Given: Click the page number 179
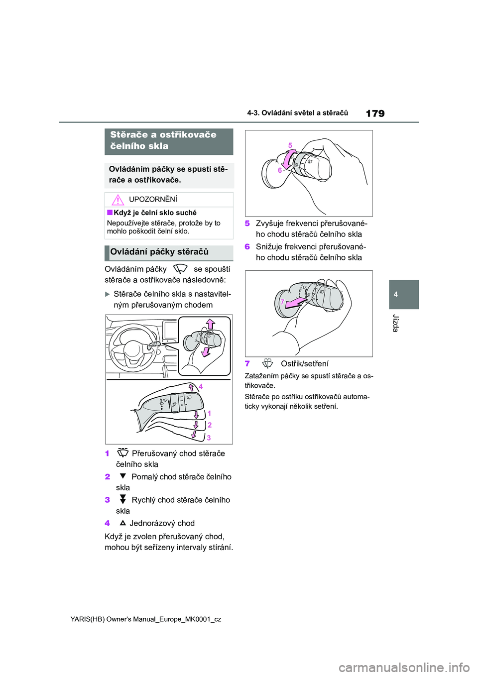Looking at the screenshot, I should coord(375,113).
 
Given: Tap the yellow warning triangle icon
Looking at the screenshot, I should coord(118,200).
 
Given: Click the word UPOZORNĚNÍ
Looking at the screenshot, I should coord(153,200).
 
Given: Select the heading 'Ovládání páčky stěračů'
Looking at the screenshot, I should coord(159,252).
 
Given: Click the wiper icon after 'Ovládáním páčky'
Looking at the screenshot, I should coord(180,269).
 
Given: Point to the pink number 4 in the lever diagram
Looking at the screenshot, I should coord(201,386).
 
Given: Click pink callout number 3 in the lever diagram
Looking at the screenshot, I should coord(209,438).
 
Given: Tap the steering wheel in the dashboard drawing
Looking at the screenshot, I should coord(133,348).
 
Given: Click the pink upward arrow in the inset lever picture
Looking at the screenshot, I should coord(211,325).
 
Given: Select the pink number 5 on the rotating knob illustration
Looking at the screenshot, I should coord(290,145).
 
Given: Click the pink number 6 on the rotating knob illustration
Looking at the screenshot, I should coord(280,170).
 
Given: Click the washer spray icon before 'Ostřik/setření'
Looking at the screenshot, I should coord(268,364).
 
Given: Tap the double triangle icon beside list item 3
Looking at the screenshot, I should coord(123,499).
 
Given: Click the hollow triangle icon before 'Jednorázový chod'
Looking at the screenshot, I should coord(122,523).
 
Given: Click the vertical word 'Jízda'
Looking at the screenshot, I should coord(396,323).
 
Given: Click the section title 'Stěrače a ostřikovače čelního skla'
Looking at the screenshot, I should coord(163,140).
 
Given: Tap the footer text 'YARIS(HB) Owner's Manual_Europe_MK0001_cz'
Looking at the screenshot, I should coord(146,619).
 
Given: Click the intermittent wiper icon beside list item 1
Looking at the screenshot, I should coord(122,453).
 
